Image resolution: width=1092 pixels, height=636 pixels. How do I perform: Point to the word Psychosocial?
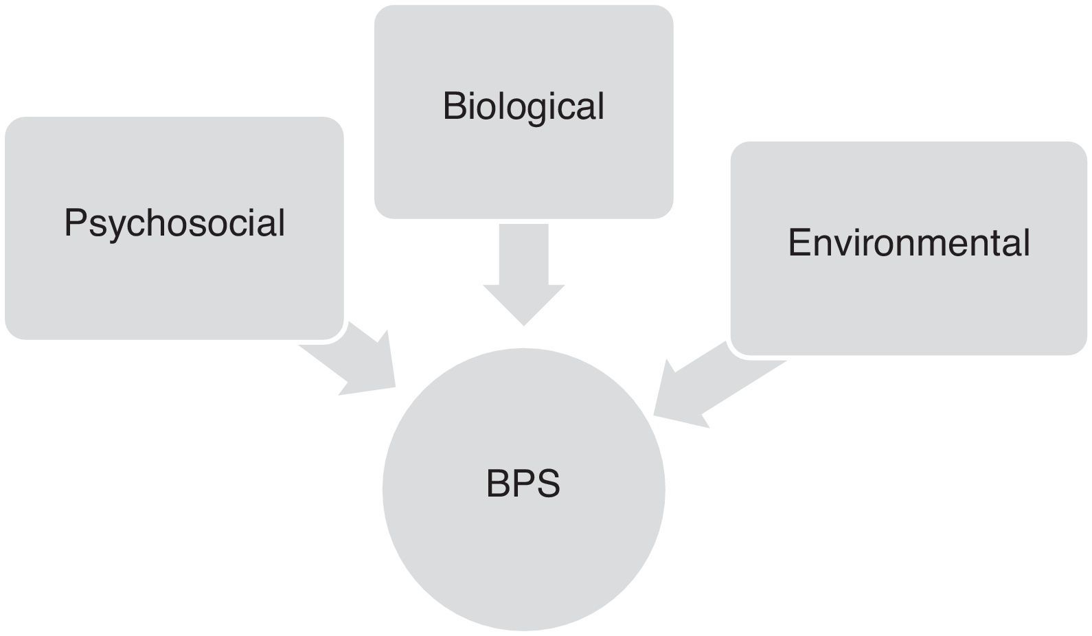coord(174,223)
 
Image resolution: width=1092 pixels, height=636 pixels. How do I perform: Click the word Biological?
coord(523,106)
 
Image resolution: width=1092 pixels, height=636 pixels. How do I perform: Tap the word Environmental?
coord(908,242)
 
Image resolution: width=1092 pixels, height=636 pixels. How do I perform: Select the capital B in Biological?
coord(453,106)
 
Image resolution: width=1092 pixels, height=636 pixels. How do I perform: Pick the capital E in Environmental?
coord(799,242)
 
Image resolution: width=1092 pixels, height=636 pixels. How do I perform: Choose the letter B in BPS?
coord(498,484)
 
